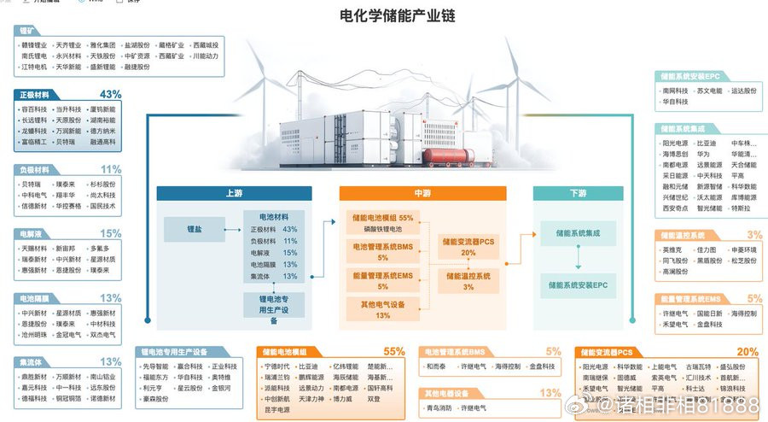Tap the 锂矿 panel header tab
click(x=27, y=30)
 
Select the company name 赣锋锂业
click(x=34, y=45)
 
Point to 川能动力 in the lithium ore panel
click(x=205, y=56)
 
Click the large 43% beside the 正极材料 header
click(x=110, y=94)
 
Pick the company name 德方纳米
click(x=102, y=132)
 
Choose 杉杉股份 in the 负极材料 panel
click(x=102, y=184)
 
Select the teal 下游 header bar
click(x=578, y=193)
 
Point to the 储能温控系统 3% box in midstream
click(x=468, y=281)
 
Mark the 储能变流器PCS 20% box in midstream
click(x=468, y=247)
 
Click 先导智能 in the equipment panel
click(x=156, y=366)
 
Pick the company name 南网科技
click(x=675, y=90)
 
